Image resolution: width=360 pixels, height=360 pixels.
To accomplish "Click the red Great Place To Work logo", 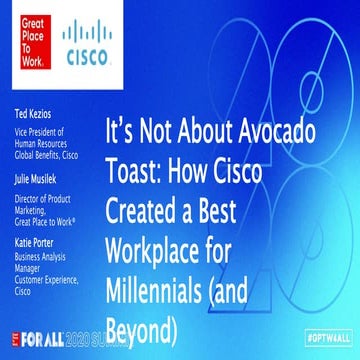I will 27,27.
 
